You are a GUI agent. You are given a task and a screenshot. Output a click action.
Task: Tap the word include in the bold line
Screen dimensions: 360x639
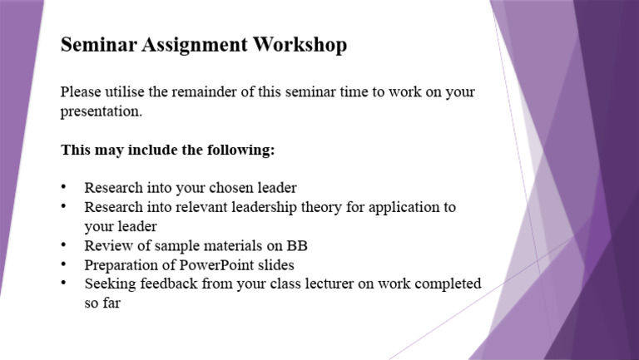pyautogui.click(x=151, y=150)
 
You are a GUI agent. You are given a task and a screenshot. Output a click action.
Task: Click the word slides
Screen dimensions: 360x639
pyautogui.click(x=276, y=265)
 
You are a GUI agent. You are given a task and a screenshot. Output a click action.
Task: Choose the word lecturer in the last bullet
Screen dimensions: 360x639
pyautogui.click(x=328, y=284)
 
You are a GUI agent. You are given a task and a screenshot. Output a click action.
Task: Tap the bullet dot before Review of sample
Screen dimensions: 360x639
pyautogui.click(x=65, y=245)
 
